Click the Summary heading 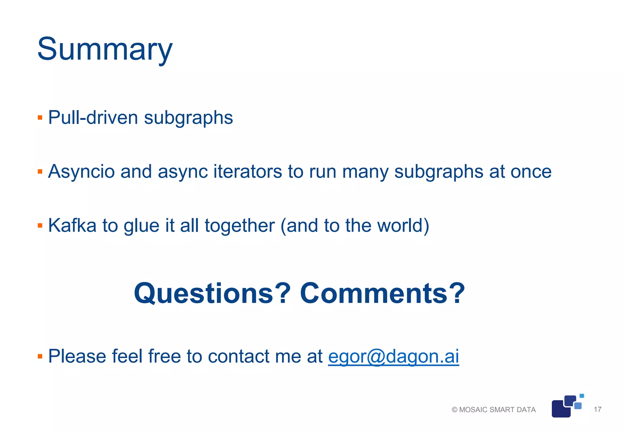(x=105, y=49)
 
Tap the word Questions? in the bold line (x=212, y=293)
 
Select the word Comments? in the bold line (x=382, y=293)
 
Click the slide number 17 (x=597, y=409)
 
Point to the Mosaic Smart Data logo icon (x=566, y=406)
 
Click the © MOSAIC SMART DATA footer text (x=494, y=410)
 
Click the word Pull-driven (x=93, y=118)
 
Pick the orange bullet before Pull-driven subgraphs (x=40, y=118)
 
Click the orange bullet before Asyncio (x=40, y=172)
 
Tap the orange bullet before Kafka (x=40, y=226)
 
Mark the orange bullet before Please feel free (x=40, y=356)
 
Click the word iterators (x=248, y=171)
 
